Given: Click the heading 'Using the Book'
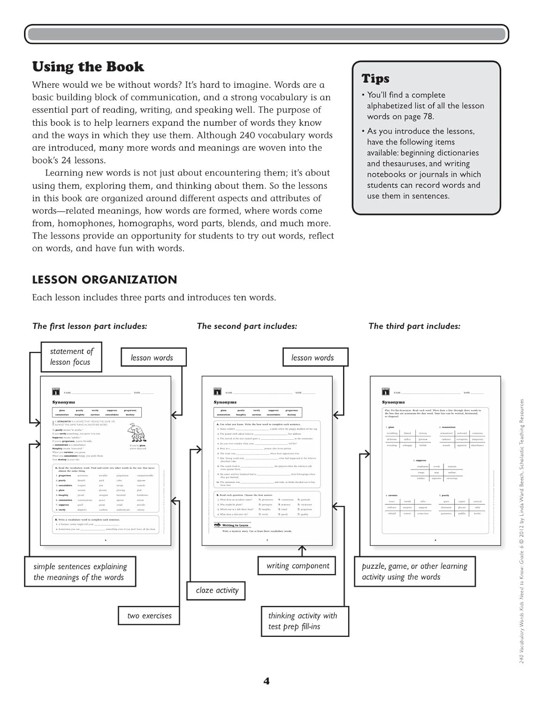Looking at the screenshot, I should coord(88,67).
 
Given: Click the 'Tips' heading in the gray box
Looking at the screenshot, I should coord(375,78).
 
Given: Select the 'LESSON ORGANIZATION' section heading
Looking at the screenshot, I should coord(104,280).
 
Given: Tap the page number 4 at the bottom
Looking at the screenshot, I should coord(267,681).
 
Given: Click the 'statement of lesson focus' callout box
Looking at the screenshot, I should coord(71,357).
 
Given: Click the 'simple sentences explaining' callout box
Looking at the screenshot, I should coord(80,572).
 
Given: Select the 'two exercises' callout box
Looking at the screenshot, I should coord(149,616).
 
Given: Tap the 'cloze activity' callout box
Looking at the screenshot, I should coord(217,590).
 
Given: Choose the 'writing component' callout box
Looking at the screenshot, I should coord(298,566).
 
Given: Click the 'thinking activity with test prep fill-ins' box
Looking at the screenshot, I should coord(305,621).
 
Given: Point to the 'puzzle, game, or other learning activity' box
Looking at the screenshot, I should coord(414,572).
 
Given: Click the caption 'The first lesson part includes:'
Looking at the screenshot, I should coord(90,326).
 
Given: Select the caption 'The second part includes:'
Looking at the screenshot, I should coord(247,326).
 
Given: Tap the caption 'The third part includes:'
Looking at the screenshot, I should coord(414,326).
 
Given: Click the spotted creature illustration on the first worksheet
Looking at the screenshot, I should coord(137,432).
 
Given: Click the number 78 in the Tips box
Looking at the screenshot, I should coord(428,116).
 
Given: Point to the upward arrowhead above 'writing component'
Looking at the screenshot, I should coord(302,549).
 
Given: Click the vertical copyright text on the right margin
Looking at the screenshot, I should coord(521,530).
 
